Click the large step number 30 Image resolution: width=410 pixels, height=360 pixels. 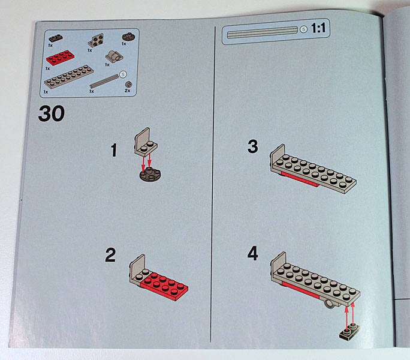coord(52,113)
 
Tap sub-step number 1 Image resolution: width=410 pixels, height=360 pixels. coord(114,150)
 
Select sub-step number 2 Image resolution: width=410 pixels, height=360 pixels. coord(110,255)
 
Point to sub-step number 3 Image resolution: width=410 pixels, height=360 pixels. coord(253,146)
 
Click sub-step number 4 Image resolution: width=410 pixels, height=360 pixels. coord(252,253)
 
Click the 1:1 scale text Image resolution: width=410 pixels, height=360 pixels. coord(318,28)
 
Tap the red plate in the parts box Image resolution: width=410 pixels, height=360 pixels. coord(61,58)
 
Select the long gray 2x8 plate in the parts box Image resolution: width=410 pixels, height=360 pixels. coord(69,76)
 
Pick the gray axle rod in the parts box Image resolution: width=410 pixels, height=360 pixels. coord(104,81)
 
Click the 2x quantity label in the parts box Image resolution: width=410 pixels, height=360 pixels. coord(127,91)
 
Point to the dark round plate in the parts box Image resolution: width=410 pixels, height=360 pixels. coord(128,37)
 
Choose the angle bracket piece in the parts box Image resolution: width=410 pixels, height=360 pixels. coord(96,40)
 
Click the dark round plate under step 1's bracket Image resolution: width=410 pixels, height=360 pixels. coord(150,175)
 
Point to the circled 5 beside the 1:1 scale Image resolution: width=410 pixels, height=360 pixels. coord(303,29)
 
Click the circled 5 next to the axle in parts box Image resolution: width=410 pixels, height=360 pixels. coord(123,74)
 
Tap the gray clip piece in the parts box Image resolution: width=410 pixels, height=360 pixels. coord(114,56)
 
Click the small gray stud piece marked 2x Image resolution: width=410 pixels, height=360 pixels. coord(128,85)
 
